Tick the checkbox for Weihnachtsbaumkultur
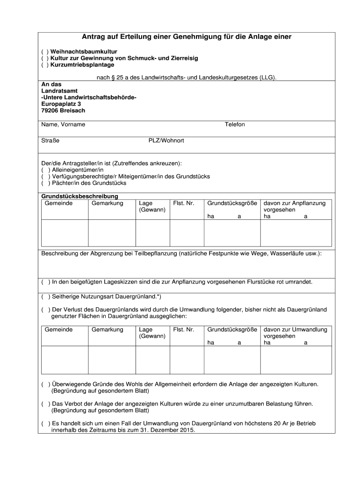pos(43,51)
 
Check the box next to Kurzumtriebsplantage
pos(43,65)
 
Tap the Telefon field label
pos(235,124)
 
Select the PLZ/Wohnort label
pos(166,140)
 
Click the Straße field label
pos(50,140)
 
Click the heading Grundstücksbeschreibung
pos(80,196)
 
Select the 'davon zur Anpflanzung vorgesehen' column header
pos(295,207)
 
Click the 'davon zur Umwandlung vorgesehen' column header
pos(295,333)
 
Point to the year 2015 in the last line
pos(186,430)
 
